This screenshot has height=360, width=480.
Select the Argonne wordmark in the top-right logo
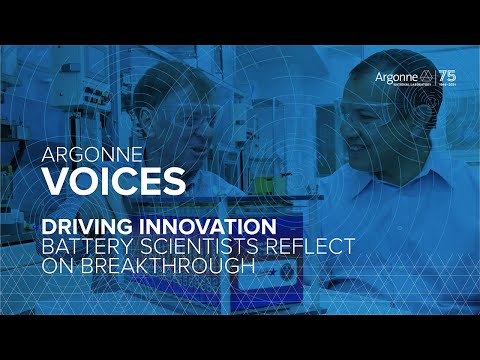[395, 76]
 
